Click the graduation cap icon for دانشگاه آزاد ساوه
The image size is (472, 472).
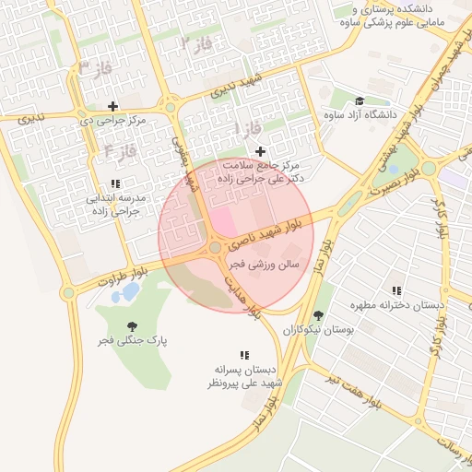pyautogui.click(x=359, y=101)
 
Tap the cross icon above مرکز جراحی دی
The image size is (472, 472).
pyautogui.click(x=113, y=106)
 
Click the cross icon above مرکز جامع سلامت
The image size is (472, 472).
pyautogui.click(x=260, y=150)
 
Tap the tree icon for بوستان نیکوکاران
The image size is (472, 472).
pyautogui.click(x=318, y=315)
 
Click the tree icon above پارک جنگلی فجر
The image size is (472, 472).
pyautogui.click(x=134, y=325)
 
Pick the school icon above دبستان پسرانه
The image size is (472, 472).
pyautogui.click(x=244, y=354)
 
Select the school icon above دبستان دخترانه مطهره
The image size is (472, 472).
pyautogui.click(x=396, y=290)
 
